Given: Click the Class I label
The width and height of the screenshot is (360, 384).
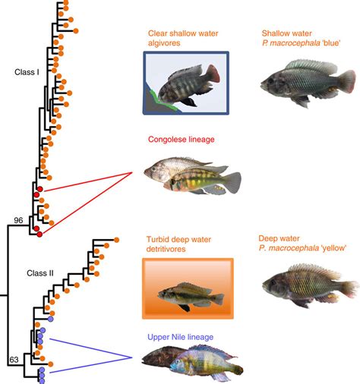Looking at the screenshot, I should (x=28, y=72).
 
